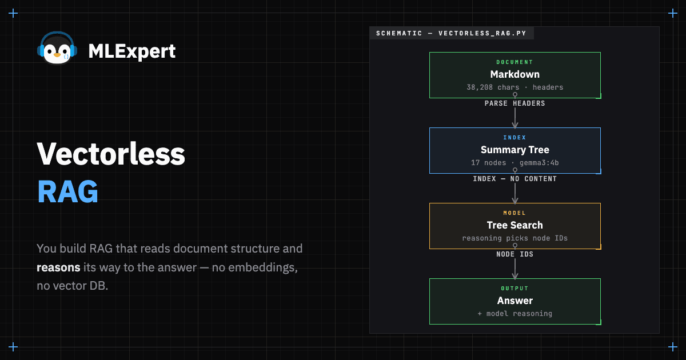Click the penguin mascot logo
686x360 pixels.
57,49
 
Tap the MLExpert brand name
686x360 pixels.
132,51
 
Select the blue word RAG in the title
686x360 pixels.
67,191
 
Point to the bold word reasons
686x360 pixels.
58,267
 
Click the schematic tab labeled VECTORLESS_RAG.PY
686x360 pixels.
452,33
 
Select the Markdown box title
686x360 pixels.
515,74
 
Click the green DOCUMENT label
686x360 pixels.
515,62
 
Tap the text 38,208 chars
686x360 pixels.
493,87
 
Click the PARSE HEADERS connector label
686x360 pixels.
515,103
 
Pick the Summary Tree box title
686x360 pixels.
515,150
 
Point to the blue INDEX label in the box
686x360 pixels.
515,138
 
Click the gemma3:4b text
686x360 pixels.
539,163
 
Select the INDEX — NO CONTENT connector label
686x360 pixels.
515,179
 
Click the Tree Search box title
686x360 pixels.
515,225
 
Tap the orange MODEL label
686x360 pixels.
515,213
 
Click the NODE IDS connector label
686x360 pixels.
515,254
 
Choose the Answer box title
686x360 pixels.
515,301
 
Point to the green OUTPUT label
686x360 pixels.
515,289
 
